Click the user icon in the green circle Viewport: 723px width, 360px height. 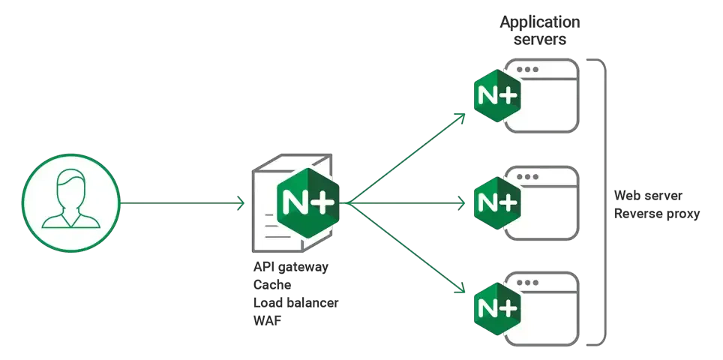point(70,202)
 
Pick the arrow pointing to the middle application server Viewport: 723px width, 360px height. point(409,202)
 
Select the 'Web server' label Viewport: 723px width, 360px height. point(649,196)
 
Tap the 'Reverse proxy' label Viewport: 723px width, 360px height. point(658,214)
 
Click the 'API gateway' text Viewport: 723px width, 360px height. point(292,268)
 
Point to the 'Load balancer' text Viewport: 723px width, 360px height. point(297,304)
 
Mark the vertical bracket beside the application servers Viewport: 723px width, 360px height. point(601,202)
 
